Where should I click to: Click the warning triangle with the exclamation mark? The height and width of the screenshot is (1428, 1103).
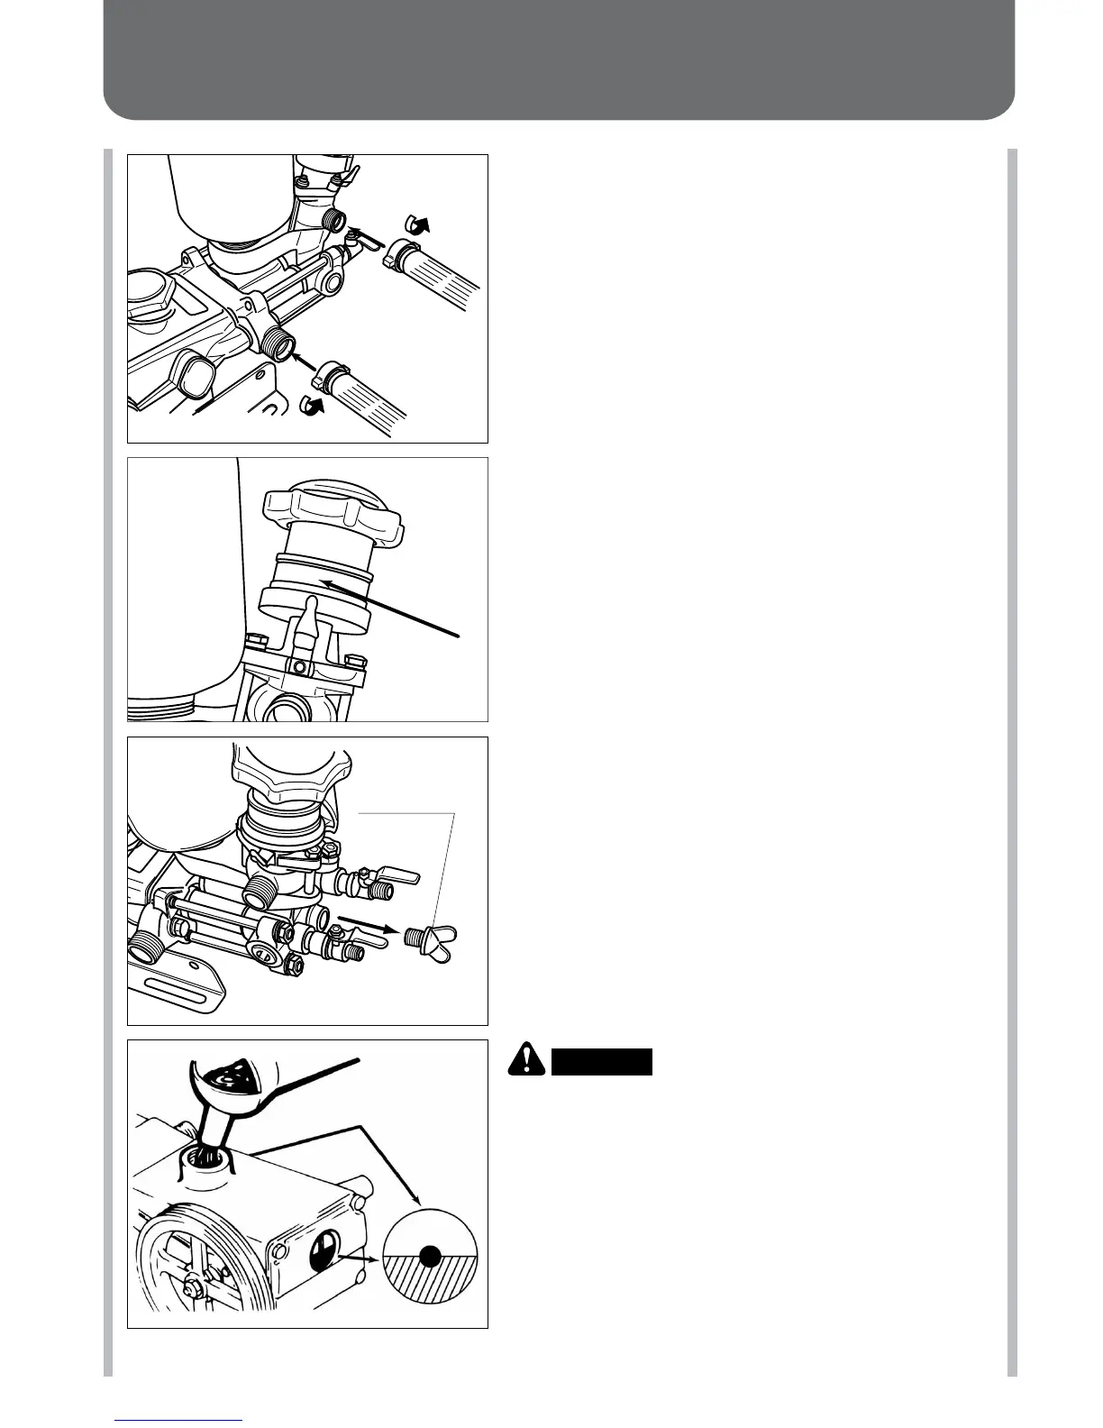click(525, 1060)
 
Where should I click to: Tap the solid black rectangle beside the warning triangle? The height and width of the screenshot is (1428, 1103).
click(602, 1062)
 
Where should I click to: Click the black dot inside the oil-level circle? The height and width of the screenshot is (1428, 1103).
click(430, 1254)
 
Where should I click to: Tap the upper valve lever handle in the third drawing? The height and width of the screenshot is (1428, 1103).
click(400, 875)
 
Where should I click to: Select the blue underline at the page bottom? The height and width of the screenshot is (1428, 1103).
click(178, 1421)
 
